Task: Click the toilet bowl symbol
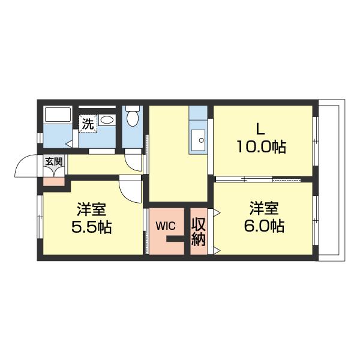tap(133, 116)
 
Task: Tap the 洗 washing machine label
tap(88, 124)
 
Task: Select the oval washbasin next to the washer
tap(107, 120)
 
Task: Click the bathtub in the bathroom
tap(58, 115)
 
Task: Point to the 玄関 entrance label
tap(53, 161)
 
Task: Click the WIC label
tap(166, 226)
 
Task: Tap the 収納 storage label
tap(199, 232)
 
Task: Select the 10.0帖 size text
tap(261, 146)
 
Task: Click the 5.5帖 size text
tap(91, 227)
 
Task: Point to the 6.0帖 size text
tap(264, 226)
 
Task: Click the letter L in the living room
tap(260, 128)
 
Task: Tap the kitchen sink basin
tap(199, 140)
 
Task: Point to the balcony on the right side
tap(331, 180)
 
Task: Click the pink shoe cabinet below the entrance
tap(54, 182)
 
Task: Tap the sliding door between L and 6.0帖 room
tap(258, 179)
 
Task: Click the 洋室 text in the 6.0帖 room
tap(264, 208)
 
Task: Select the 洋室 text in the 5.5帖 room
tap(91, 209)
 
